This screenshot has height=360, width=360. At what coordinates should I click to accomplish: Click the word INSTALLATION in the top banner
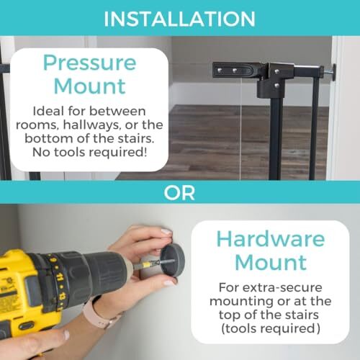point(179,19)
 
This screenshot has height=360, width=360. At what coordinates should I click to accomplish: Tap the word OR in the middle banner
point(179,193)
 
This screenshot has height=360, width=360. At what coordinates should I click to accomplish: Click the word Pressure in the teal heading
point(90,63)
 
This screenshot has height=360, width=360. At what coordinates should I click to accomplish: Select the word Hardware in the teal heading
point(271,239)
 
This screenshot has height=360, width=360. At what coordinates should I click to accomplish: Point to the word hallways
point(92,125)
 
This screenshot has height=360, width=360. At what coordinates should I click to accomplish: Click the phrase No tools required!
point(89,152)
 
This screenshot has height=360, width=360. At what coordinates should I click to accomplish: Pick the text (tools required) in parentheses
point(271,328)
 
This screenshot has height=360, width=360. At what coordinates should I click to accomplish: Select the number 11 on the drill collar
point(58,279)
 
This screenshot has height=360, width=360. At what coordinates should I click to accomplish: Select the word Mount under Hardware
point(271,262)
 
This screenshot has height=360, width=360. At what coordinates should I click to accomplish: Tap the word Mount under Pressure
point(89,86)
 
